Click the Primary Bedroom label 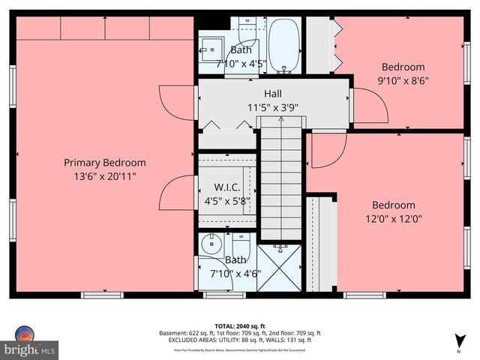(104, 162)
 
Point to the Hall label (273, 94)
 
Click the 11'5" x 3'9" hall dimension (273, 106)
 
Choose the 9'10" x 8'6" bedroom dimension (403, 79)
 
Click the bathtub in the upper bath (284, 46)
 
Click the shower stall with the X (280, 266)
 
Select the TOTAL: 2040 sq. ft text (239, 326)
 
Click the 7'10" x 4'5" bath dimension (241, 63)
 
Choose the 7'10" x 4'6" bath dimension (236, 273)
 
